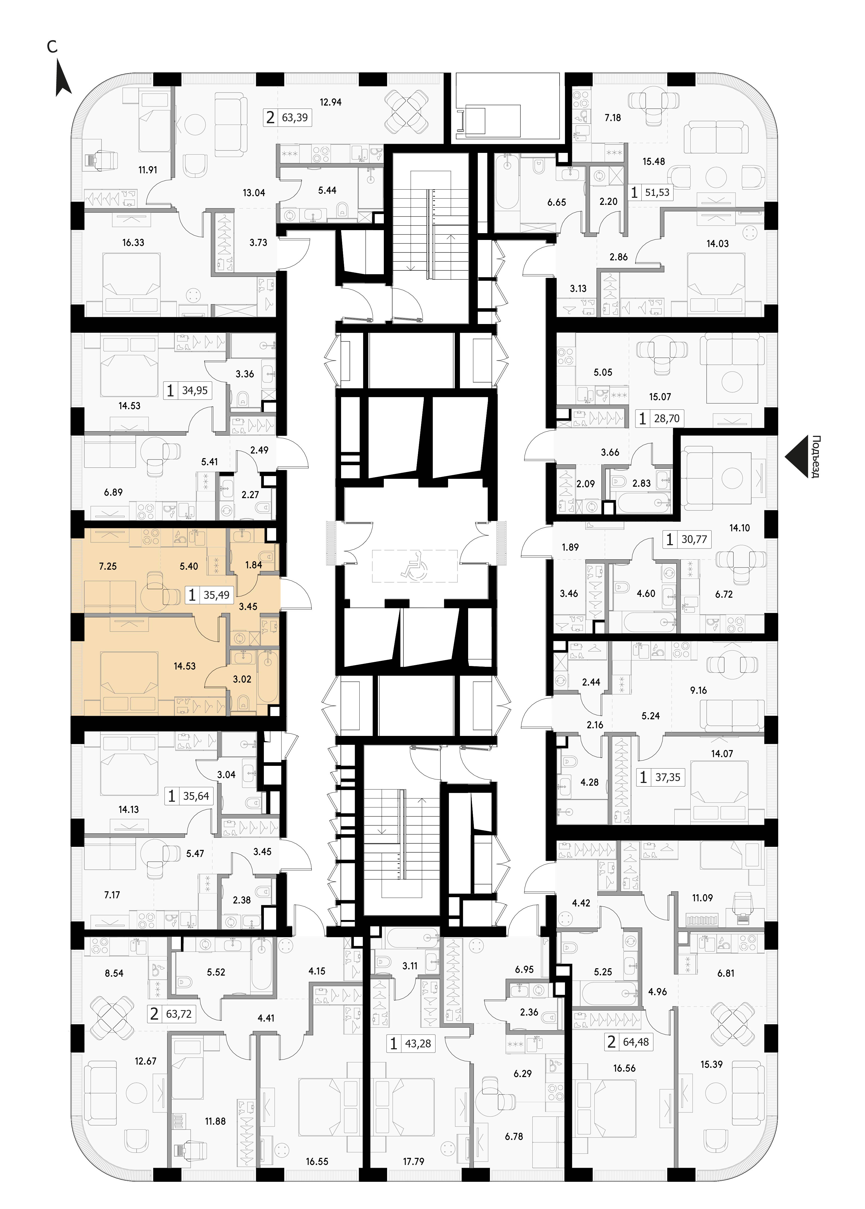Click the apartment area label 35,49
216,595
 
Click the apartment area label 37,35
668,778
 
